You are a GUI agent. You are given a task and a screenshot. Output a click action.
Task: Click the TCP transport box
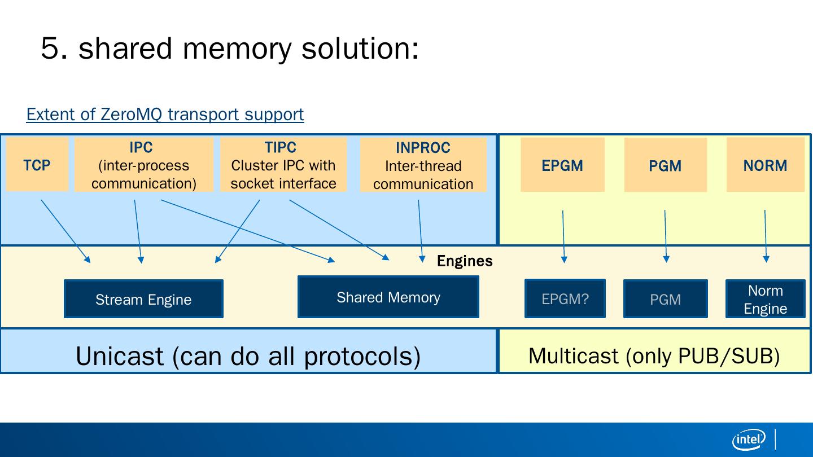(37, 165)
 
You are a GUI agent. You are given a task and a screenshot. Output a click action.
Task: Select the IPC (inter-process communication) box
(144, 165)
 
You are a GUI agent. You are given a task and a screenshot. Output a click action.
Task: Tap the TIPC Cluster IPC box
(283, 165)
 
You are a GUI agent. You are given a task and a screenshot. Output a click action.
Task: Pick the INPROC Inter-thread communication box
(423, 165)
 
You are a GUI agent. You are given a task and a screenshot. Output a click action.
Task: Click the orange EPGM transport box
(562, 165)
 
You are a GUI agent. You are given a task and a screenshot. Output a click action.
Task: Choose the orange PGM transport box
(665, 165)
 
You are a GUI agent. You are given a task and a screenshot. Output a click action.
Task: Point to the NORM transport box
(765, 165)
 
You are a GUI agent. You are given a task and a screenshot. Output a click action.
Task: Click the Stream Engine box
(143, 299)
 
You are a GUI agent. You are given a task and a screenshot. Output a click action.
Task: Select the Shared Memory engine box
(388, 297)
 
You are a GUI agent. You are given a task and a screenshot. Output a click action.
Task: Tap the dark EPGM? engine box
(565, 299)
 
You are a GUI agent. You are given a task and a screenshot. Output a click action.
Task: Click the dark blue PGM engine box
(665, 299)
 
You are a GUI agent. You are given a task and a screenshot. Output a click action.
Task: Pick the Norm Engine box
(765, 299)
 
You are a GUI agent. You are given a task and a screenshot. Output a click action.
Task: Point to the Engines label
(465, 261)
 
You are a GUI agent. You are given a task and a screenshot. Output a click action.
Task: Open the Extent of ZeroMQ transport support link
(165, 114)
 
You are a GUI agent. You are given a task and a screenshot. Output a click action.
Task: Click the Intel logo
(749, 439)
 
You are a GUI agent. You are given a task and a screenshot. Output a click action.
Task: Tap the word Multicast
(573, 356)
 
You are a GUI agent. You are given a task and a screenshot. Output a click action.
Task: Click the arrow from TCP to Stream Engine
(65, 231)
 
